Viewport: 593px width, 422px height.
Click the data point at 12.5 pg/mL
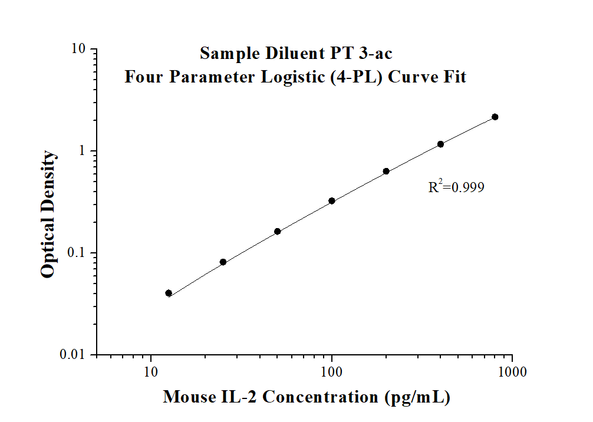(x=169, y=293)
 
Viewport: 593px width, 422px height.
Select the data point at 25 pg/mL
(x=223, y=262)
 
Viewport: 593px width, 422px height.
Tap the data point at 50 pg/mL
(x=277, y=231)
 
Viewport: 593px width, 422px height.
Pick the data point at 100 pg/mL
(x=332, y=201)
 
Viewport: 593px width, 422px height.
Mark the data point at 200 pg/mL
(x=386, y=172)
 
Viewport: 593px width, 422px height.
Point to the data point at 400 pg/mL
(x=440, y=144)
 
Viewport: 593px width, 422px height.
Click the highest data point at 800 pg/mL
(x=495, y=117)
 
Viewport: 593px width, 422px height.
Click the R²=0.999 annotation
(x=456, y=188)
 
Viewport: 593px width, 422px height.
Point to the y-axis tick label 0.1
(x=77, y=253)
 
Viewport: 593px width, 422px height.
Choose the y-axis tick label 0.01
(x=74, y=355)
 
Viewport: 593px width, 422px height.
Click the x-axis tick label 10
(x=151, y=372)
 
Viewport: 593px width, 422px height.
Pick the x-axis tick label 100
(x=332, y=372)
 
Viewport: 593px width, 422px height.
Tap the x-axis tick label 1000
(x=512, y=372)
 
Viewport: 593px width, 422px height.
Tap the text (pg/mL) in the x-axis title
(x=417, y=397)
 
